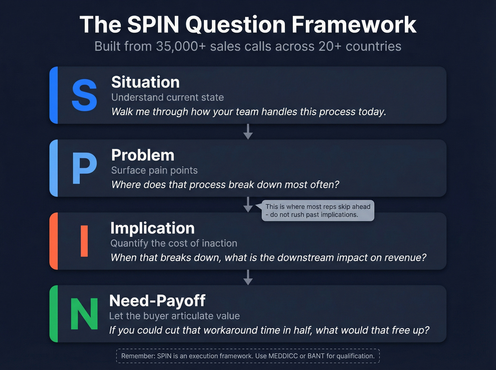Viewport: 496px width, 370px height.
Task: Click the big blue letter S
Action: pos(84,95)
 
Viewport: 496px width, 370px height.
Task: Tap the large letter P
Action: pos(84,169)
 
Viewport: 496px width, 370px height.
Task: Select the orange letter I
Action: pos(84,241)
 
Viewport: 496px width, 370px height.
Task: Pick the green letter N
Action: pos(84,314)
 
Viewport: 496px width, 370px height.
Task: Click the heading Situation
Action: pos(145,82)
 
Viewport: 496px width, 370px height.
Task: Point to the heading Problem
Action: pos(143,155)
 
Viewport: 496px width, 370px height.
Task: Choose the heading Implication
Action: pos(152,228)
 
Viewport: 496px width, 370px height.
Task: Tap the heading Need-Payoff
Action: pos(157,301)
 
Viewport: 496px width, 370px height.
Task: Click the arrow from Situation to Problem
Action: pos(248,131)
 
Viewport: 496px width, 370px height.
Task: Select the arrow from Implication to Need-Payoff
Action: pos(248,277)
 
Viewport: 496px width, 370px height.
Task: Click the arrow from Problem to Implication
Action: pos(248,205)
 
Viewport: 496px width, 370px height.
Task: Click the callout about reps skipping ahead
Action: pos(317,211)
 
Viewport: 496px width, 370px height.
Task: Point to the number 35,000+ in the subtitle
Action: pos(181,46)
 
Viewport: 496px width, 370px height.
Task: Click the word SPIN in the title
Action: pos(153,25)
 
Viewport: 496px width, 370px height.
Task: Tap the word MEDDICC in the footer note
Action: pos(283,356)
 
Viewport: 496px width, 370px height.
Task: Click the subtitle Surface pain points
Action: pos(154,170)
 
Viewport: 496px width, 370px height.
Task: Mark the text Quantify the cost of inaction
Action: pos(174,243)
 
